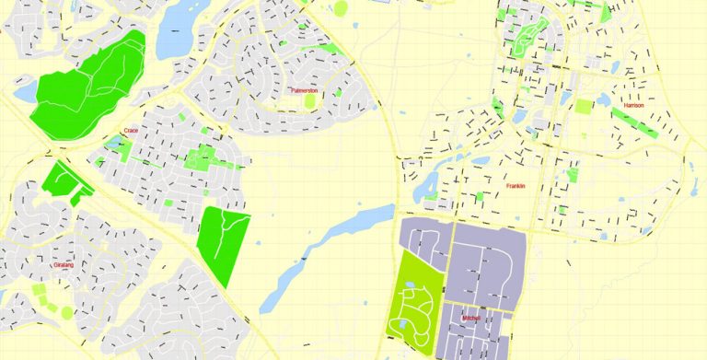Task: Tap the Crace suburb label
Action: [131, 132]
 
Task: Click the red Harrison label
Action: [633, 106]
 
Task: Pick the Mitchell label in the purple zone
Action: [471, 318]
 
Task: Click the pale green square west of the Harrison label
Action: [584, 107]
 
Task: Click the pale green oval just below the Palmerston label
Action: [310, 102]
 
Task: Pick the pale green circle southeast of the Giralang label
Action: [67, 312]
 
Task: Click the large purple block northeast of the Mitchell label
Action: [486, 261]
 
